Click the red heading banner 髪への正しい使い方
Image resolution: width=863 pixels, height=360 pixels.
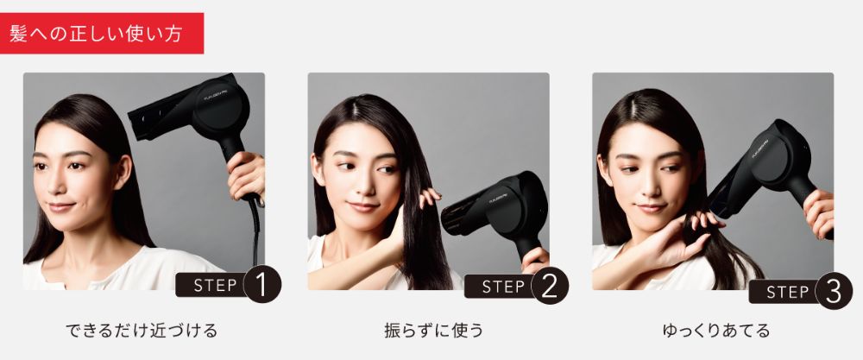coord(102,33)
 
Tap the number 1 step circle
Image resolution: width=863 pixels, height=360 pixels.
coord(262,284)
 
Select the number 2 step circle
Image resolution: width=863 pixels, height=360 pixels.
coord(550,286)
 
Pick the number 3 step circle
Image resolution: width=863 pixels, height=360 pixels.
coord(834,291)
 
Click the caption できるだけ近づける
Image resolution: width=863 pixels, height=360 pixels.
coord(142,331)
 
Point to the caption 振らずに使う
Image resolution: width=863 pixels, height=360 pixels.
coord(434,331)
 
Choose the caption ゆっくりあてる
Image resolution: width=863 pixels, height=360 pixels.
coord(716,331)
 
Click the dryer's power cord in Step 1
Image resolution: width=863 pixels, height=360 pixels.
coord(255,231)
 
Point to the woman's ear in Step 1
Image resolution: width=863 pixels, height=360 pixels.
coord(123,171)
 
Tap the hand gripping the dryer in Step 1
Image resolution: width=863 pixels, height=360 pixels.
coord(246,175)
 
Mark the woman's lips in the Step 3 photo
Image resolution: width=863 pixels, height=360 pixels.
coord(651,208)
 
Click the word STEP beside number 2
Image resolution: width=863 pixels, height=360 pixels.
coord(503,287)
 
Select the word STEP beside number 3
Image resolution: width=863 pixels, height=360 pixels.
coord(788,291)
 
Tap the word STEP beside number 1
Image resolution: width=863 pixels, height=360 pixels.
coord(215,285)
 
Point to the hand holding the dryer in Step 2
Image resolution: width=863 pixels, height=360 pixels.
coord(535,260)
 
